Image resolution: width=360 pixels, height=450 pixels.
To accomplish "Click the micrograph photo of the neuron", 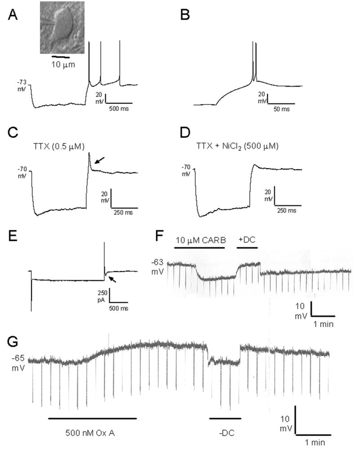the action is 62,27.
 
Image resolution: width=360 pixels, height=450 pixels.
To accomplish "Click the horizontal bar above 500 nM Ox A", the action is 92,418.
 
